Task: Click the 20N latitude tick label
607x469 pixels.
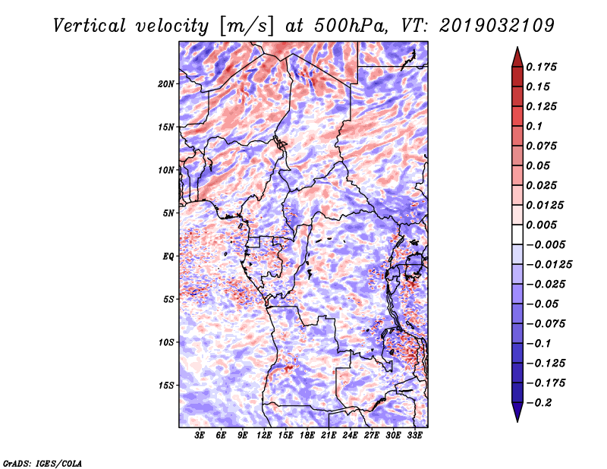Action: point(166,84)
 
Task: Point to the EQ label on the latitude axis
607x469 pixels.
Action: point(168,257)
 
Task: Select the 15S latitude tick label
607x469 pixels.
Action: point(166,386)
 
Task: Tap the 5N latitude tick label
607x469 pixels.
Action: point(168,213)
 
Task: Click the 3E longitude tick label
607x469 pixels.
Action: point(200,436)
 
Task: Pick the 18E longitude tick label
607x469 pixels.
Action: point(307,436)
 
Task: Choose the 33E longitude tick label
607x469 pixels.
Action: point(414,436)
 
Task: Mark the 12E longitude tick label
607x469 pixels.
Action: point(264,436)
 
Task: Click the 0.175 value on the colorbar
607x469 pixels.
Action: point(541,67)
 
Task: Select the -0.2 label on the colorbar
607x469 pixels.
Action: point(539,403)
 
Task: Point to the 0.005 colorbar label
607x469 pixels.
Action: point(541,225)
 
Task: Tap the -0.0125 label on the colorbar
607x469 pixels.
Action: point(549,265)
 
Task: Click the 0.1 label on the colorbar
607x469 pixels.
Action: point(534,126)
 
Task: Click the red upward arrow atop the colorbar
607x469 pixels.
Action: point(517,58)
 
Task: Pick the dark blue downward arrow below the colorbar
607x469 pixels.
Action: point(517,412)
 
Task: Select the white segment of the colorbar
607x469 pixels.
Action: point(517,234)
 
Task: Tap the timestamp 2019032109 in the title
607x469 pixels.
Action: point(497,26)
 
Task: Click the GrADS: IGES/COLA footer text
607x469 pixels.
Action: point(42,463)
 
